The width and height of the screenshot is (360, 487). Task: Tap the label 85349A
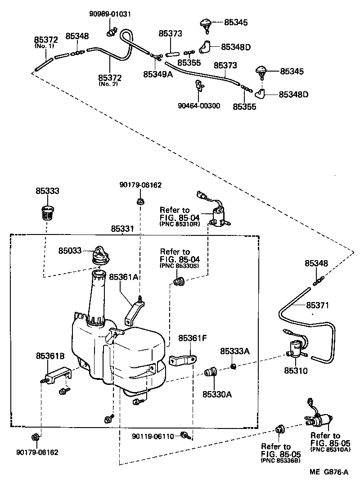(158, 74)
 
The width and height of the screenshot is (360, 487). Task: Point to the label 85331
(122, 229)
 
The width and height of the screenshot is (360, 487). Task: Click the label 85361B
(50, 356)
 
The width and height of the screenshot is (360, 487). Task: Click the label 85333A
(234, 351)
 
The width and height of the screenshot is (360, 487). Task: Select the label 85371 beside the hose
(317, 305)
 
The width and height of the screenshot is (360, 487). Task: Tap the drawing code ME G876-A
(328, 472)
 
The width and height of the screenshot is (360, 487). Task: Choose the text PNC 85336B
(277, 461)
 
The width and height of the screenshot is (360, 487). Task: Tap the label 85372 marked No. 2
(110, 77)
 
